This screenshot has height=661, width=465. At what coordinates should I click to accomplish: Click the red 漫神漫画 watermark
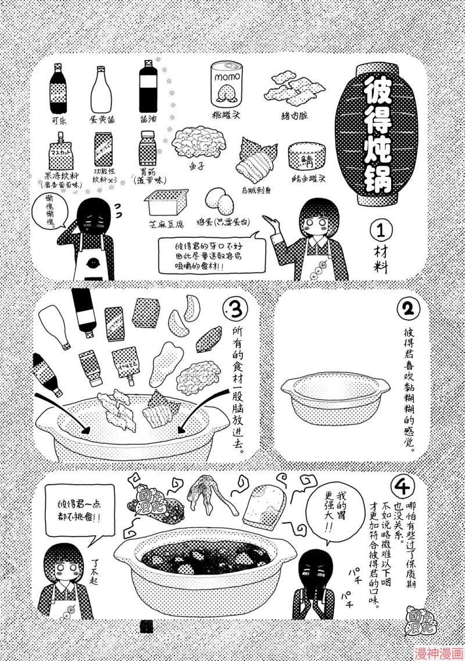[438, 653]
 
